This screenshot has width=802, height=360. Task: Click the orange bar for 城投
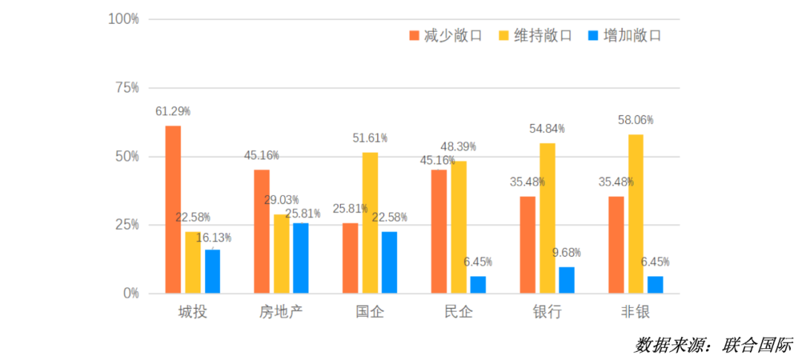[173, 209]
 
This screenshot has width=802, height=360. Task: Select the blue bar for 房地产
[301, 258]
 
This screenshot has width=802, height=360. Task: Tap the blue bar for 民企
[478, 285]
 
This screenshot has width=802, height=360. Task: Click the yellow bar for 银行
[547, 218]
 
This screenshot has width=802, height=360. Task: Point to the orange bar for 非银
[616, 245]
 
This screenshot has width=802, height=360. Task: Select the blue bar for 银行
[567, 280]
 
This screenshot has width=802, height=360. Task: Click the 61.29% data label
[172, 111]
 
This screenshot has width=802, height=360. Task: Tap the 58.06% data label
[636, 120]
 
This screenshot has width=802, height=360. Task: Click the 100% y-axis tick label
[123, 19]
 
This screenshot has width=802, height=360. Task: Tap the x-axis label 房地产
[281, 312]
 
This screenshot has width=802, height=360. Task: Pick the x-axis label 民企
[458, 312]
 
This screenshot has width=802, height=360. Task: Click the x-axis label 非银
[636, 312]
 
